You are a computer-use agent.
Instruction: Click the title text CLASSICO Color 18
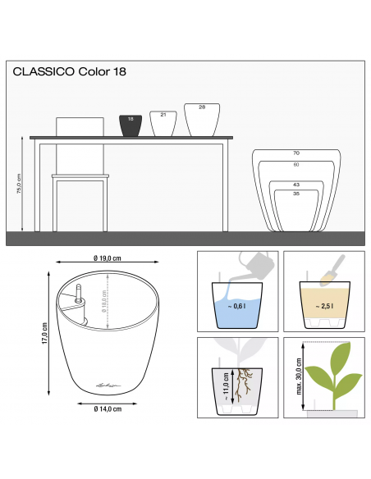coord(70,71)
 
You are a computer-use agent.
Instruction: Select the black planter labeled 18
coord(131,125)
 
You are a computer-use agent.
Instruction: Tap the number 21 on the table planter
coord(163,115)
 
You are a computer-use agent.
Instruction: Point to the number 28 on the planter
coord(202,107)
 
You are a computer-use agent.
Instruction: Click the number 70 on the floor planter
coord(296,153)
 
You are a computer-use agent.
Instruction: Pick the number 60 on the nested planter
coord(296,165)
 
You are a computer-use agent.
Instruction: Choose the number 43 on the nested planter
coord(296,185)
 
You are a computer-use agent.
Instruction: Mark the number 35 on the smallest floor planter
coord(296,194)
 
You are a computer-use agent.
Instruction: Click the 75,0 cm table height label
coord(19,184)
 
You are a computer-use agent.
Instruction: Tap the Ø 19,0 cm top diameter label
coord(108,258)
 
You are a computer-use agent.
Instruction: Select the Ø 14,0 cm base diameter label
coord(108,408)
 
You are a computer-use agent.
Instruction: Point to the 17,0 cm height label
coord(44,333)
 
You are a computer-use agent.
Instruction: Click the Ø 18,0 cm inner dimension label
coord(104,302)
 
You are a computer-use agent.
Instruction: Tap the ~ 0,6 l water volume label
coord(237,306)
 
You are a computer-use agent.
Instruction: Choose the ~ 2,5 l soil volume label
coord(324,306)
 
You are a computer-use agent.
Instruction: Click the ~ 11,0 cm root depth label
coord(226,386)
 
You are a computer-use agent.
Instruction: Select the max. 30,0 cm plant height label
coord(299,376)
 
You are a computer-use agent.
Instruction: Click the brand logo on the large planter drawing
coord(108,385)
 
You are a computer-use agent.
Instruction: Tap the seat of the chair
coord(80,176)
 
